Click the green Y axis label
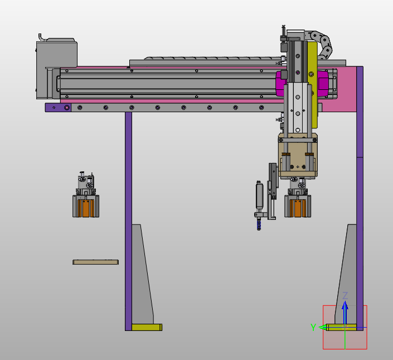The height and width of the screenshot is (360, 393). click(313, 327)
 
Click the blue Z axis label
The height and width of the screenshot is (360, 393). click(345, 295)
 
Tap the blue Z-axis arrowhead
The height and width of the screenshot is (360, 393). click(345, 305)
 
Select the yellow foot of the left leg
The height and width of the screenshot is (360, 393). click(147, 327)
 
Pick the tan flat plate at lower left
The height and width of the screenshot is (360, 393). click(95, 262)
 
